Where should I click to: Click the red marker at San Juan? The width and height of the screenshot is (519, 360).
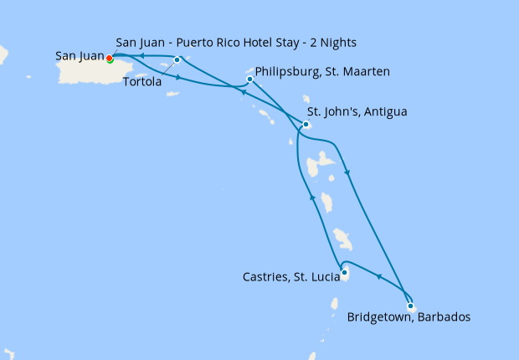(110, 58)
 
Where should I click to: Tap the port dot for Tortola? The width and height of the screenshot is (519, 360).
(177, 60)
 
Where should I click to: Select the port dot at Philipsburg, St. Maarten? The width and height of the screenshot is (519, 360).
(250, 80)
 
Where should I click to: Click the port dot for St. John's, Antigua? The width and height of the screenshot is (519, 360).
(306, 125)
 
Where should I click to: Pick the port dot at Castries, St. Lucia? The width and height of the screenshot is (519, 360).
(344, 271)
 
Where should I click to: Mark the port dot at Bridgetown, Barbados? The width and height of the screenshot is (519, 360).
(410, 306)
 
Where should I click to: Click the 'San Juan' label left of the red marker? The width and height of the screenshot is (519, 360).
(80, 56)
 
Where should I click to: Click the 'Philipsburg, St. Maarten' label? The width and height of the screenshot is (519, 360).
(321, 72)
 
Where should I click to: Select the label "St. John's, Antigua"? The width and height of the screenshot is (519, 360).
(357, 111)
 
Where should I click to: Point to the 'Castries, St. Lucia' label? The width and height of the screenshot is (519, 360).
(288, 275)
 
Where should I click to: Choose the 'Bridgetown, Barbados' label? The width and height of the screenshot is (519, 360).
(408, 317)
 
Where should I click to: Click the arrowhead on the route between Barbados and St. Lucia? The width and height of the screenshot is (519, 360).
(378, 278)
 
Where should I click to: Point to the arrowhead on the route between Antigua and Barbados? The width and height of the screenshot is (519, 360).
(347, 173)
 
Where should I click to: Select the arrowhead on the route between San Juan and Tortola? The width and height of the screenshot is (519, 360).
(142, 56)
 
